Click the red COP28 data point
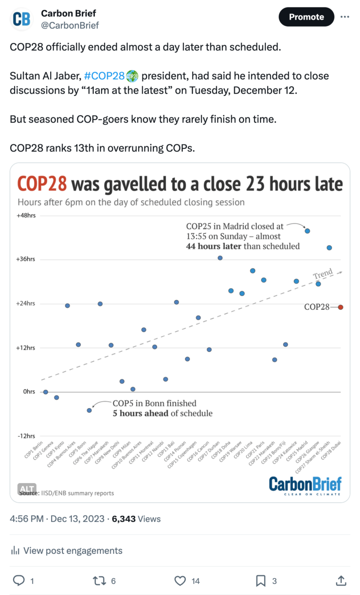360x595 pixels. [x=341, y=307]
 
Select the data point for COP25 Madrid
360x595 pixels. [x=307, y=231]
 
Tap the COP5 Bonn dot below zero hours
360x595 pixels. [x=89, y=410]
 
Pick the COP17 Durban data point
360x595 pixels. [x=220, y=258]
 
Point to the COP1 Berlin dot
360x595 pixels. [x=45, y=392]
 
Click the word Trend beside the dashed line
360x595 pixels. [x=323, y=273]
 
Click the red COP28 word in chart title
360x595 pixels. [x=42, y=184]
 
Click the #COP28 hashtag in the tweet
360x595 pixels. [x=104, y=76]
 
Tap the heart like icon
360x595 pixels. [x=180, y=581]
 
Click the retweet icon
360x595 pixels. [x=99, y=581]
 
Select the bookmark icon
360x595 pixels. [x=261, y=581]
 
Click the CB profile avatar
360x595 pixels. [x=22, y=19]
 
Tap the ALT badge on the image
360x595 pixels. [x=27, y=489]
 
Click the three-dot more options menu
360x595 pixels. [x=345, y=17]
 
